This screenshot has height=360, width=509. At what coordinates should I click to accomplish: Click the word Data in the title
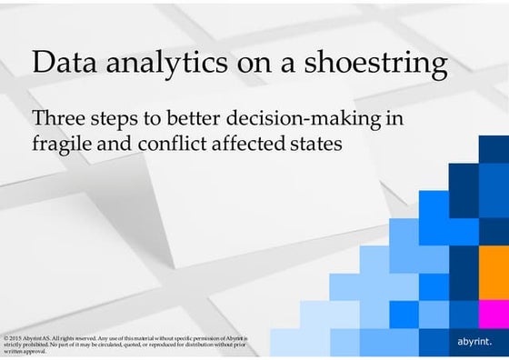[x=63, y=64]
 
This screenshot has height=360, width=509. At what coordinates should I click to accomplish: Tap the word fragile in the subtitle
[x=60, y=145]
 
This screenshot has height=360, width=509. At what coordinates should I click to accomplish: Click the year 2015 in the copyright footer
[x=15, y=337]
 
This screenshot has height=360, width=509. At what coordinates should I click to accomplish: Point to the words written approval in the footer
[x=24, y=351]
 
